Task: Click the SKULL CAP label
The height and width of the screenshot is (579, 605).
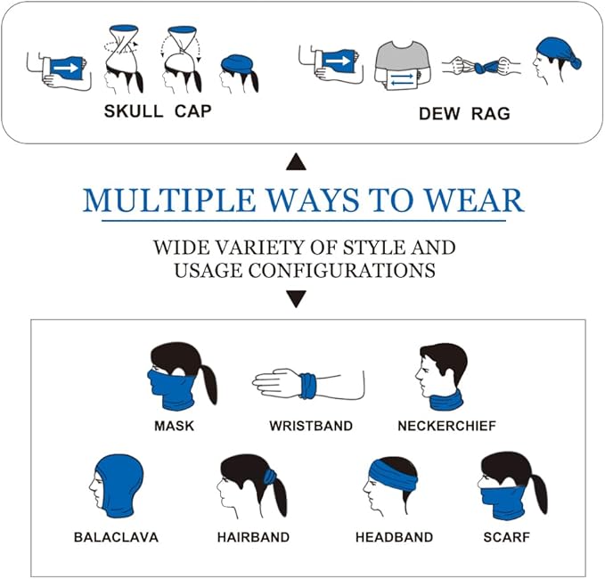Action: pyautogui.click(x=159, y=111)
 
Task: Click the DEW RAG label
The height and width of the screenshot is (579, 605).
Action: pyautogui.click(x=464, y=114)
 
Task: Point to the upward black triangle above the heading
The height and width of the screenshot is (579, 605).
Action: pyautogui.click(x=297, y=162)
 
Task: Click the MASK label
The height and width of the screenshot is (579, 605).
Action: pyautogui.click(x=174, y=426)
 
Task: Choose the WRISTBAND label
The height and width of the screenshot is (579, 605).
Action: pyautogui.click(x=311, y=426)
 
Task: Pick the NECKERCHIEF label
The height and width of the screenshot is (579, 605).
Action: pyautogui.click(x=446, y=426)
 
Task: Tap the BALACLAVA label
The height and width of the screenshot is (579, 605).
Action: pyautogui.click(x=116, y=537)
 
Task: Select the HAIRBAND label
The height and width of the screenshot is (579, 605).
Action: pyautogui.click(x=253, y=537)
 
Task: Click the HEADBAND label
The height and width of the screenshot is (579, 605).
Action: pyautogui.click(x=394, y=537)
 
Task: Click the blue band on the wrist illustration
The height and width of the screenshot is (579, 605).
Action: pyautogui.click(x=307, y=386)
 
